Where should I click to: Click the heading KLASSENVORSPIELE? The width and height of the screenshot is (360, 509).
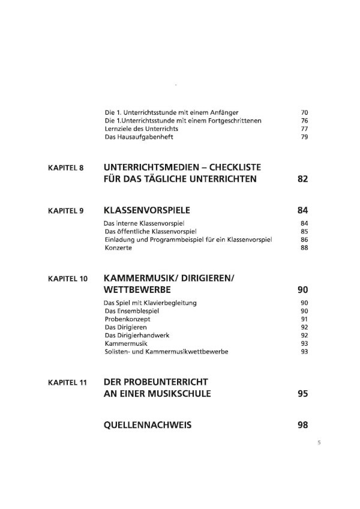[146, 211]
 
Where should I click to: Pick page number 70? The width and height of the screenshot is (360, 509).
[304, 112]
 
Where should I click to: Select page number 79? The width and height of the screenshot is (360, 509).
[304, 137]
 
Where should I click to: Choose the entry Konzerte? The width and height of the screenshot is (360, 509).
[117, 248]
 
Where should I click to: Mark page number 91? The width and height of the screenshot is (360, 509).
[304, 319]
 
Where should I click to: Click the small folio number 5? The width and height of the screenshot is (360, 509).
[319, 443]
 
